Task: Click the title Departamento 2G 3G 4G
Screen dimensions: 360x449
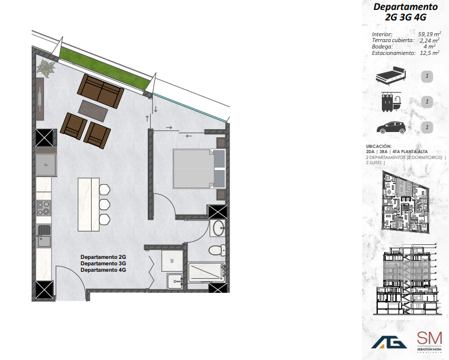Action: [405, 12]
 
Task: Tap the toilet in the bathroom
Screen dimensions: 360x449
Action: [216, 250]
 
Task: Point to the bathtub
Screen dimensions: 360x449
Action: [206, 273]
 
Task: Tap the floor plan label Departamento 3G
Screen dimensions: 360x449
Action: [103, 264]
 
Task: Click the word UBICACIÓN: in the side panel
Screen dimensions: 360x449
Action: [378, 147]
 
